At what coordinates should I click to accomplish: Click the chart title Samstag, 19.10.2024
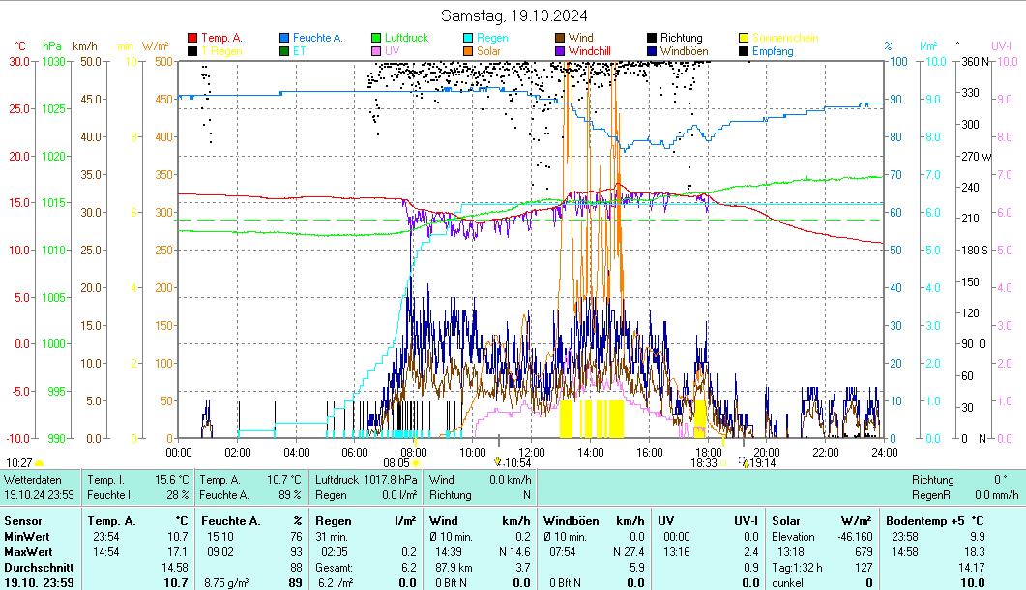513,15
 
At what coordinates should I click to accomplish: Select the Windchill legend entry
589,50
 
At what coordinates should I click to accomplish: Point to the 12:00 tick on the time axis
532,452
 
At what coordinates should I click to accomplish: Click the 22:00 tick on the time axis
826,452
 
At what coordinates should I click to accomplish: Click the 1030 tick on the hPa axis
53,62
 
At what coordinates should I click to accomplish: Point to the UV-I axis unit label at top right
1001,45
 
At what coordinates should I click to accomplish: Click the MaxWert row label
27,552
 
